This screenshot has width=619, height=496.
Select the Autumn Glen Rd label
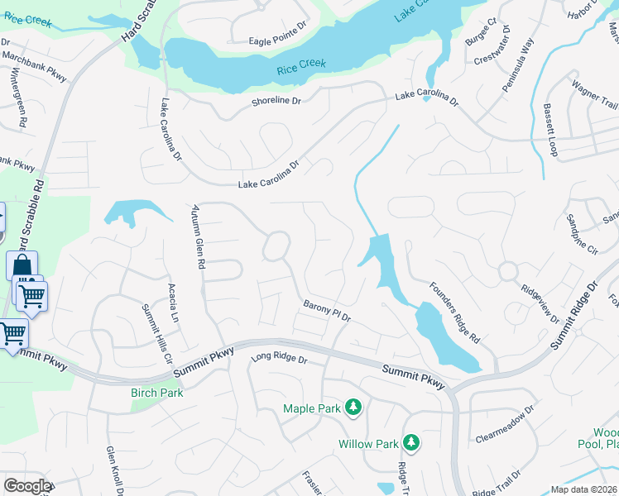pos(198,236)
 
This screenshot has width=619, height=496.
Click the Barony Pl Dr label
pos(328,310)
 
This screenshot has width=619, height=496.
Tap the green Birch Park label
pos(156,393)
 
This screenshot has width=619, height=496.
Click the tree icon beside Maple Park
pos(353,408)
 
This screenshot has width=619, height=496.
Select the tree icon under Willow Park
pos(410,444)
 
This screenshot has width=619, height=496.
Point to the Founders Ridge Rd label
pos(454,312)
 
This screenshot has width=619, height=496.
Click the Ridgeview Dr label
pos(541,304)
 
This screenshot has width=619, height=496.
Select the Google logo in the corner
pos(27,486)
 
